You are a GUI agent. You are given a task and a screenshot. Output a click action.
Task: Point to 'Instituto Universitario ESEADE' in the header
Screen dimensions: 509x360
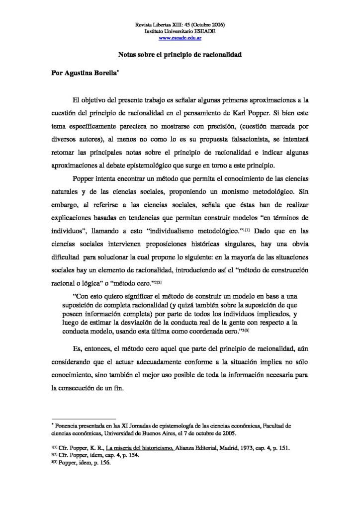pos(180,31)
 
